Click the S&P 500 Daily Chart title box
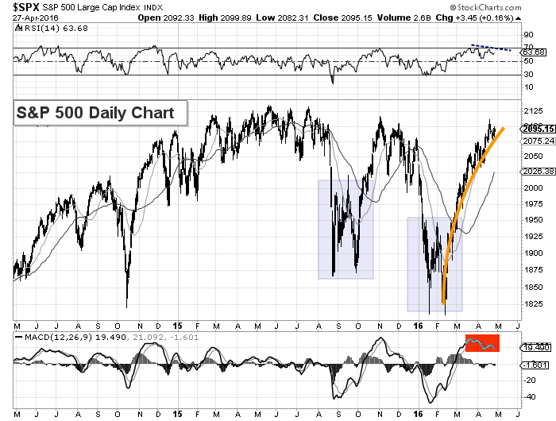[x=99, y=112]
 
